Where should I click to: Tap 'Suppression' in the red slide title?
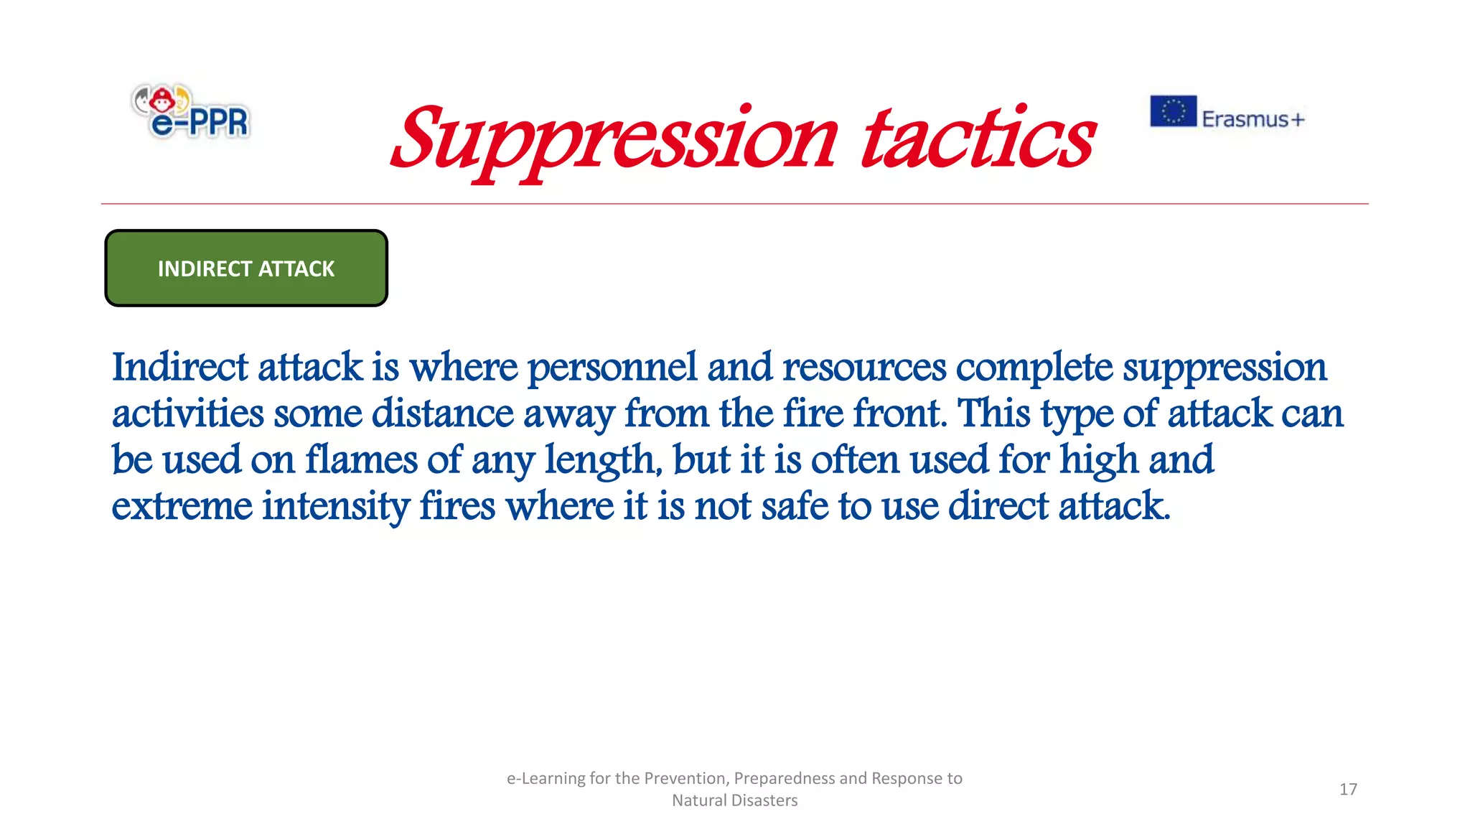pos(614,141)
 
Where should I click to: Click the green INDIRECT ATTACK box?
pos(246,268)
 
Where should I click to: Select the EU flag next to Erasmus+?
pos(1173,111)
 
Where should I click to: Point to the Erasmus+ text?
pos(1253,119)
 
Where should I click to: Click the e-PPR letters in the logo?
pos(200,122)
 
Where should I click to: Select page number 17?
pos(1348,789)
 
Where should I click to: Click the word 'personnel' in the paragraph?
pos(612,368)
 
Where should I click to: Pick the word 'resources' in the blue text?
pos(864,368)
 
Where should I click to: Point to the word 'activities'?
pos(188,414)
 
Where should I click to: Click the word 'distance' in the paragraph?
pos(442,414)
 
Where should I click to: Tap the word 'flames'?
pos(361,460)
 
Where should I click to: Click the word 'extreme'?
pos(182,506)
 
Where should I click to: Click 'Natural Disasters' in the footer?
pos(734,800)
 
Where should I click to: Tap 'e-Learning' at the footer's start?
pos(546,779)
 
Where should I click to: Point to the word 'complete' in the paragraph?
pos(1034,368)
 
